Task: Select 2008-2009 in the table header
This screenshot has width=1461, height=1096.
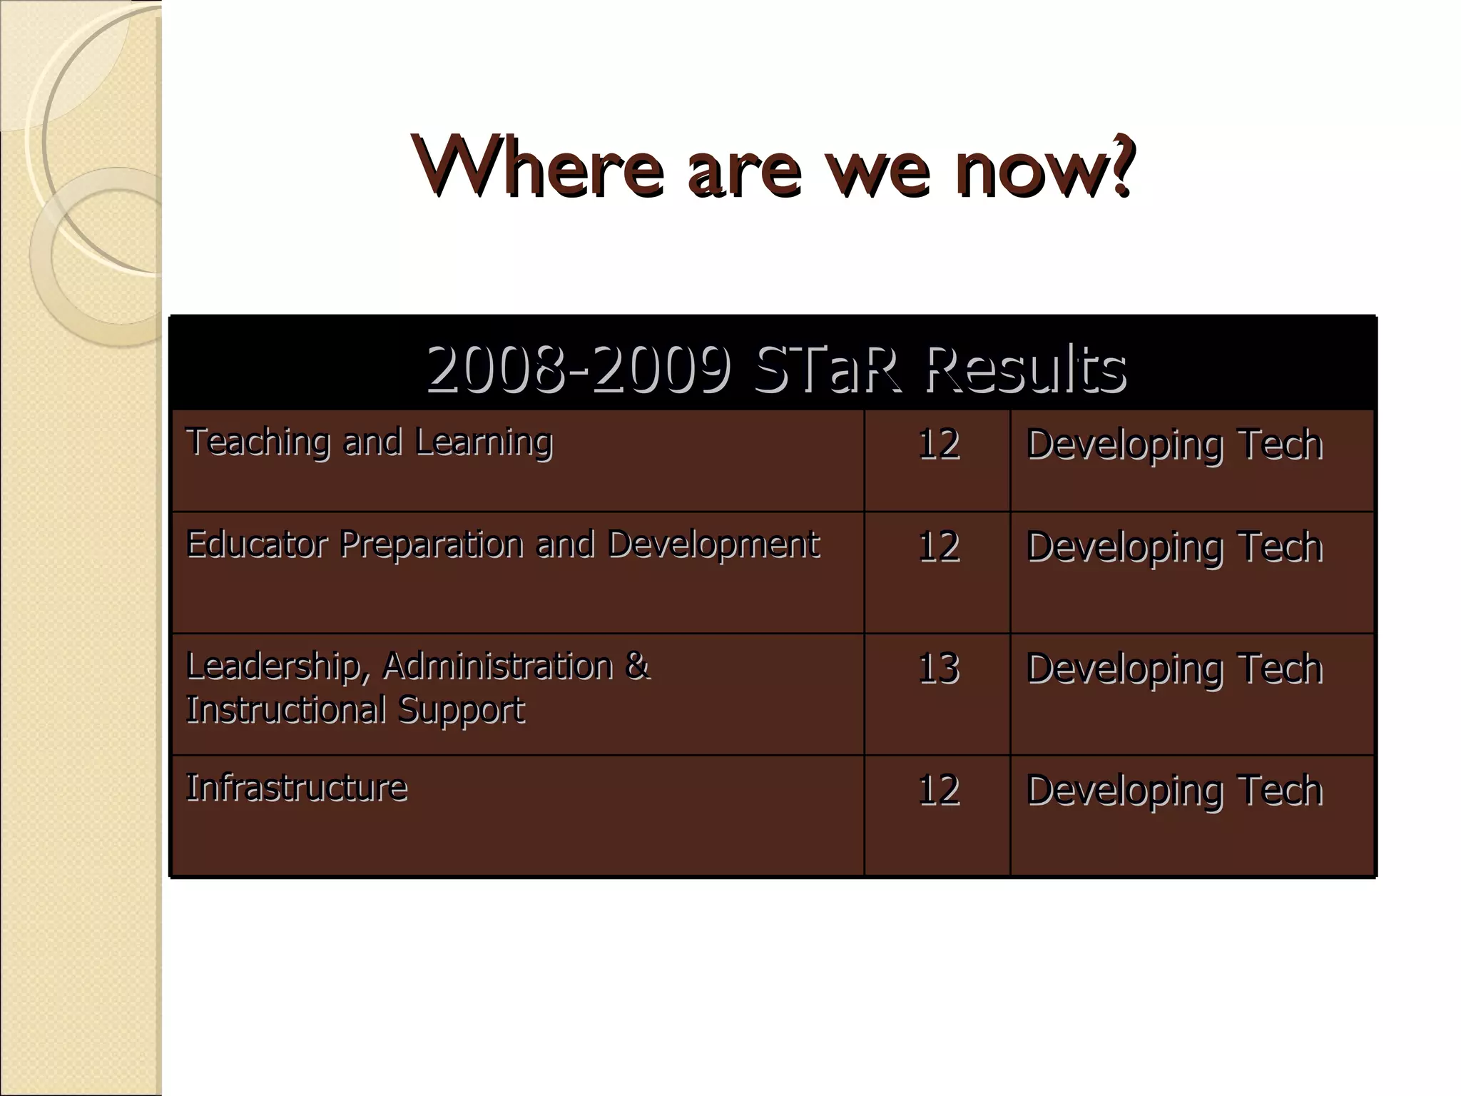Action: pyautogui.click(x=579, y=368)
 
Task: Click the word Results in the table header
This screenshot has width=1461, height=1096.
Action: pyautogui.click(x=1026, y=368)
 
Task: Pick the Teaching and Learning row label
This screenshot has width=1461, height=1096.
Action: pyautogui.click(x=369, y=442)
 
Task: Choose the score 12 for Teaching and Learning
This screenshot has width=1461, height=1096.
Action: pyautogui.click(x=937, y=444)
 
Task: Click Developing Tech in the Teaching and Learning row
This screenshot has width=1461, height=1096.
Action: pyautogui.click(x=1174, y=445)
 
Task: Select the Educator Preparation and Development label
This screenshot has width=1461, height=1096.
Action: pyautogui.click(x=502, y=544)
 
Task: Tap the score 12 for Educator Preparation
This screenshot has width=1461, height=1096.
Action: pyautogui.click(x=937, y=547)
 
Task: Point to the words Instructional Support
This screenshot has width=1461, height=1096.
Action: pyautogui.click(x=355, y=710)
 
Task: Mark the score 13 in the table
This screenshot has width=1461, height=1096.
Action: pyautogui.click(x=937, y=669)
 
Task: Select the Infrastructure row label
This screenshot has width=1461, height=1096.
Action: pyautogui.click(x=296, y=788)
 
